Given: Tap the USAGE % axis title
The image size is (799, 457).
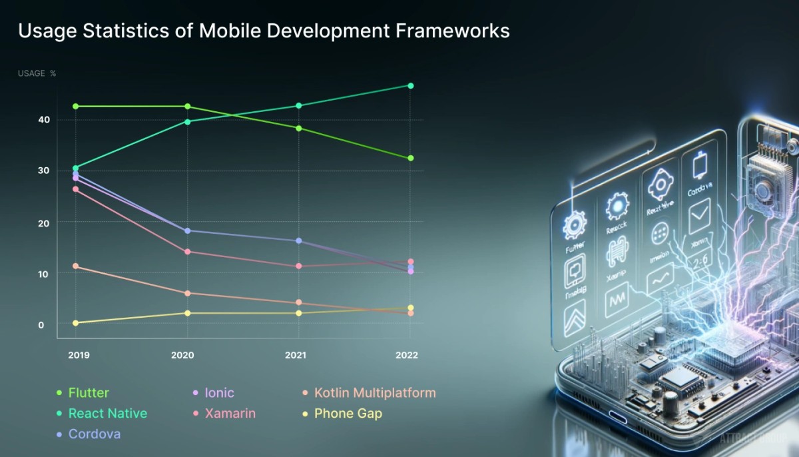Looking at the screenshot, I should (37, 73).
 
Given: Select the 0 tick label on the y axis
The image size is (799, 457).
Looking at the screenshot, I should (41, 324).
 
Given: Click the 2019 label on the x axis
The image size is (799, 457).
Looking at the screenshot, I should (79, 355).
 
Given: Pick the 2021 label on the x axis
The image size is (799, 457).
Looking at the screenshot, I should (295, 355).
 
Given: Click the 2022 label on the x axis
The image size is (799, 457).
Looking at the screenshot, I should (406, 355).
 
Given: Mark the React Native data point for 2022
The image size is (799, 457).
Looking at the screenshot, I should (411, 86).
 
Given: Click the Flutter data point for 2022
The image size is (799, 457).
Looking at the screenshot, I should (411, 158).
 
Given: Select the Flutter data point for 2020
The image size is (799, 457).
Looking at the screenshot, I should (187, 107).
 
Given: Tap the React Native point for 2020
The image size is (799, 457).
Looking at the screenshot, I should (187, 121).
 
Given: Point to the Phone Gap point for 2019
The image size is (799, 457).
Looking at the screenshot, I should (75, 323).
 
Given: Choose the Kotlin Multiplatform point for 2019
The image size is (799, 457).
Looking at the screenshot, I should (75, 266).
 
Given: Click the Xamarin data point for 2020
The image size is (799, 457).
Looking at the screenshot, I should (187, 252).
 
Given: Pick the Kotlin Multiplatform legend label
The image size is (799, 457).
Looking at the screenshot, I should (375, 393).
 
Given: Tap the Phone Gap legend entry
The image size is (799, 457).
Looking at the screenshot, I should (348, 414).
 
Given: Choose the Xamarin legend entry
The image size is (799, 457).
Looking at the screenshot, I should (230, 414).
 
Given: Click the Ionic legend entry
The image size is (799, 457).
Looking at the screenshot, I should (219, 393).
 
